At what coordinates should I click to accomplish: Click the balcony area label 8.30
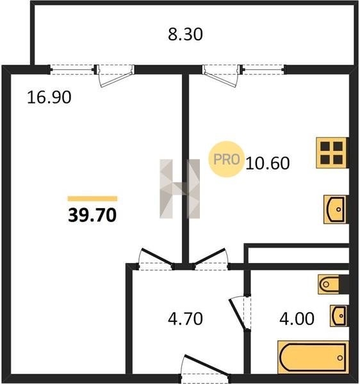(185, 35)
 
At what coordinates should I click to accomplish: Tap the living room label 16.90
(49, 97)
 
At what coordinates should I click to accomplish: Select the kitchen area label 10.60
(267, 163)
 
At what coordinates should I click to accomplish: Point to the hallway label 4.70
(185, 319)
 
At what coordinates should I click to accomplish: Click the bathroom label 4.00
(297, 319)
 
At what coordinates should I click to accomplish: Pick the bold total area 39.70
(92, 215)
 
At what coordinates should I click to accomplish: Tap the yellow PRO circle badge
(226, 159)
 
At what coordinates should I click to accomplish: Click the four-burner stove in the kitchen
(332, 153)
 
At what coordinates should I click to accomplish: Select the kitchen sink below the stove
(335, 209)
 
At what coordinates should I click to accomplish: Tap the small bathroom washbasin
(339, 316)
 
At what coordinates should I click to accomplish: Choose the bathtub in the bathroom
(313, 358)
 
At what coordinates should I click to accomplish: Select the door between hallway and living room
(156, 259)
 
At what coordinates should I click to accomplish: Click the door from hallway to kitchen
(211, 259)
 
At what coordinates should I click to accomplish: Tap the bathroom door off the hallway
(240, 313)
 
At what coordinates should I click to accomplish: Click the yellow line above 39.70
(92, 198)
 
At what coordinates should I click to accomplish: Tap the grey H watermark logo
(179, 189)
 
